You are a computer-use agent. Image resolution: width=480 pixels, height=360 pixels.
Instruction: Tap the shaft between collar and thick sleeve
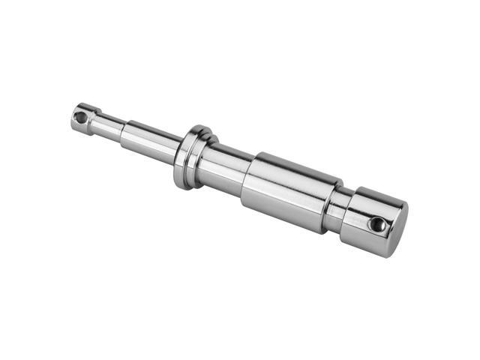229,169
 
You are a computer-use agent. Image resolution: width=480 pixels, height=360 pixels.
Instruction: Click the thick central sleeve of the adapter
289,191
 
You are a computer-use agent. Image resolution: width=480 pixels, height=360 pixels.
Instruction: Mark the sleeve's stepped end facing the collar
247,180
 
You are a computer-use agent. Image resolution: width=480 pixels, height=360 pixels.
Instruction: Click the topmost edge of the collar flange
196,127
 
